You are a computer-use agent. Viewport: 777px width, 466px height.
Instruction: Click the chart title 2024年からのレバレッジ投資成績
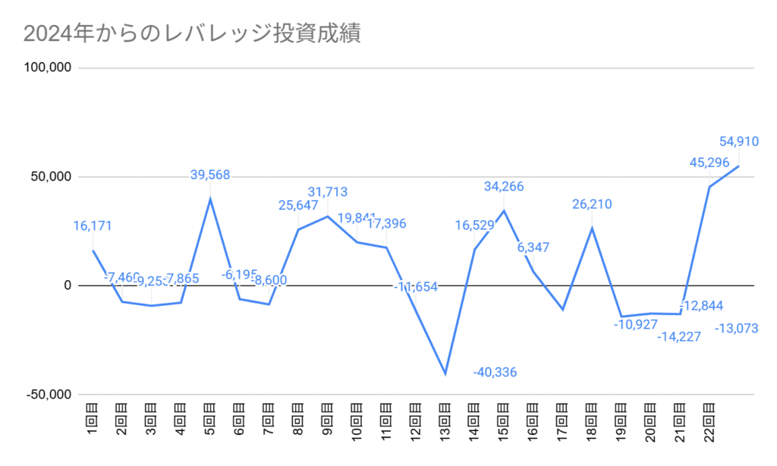[191, 34]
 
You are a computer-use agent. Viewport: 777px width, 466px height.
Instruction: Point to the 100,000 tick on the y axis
[48, 68]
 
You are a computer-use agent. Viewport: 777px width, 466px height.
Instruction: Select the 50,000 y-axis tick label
[51, 177]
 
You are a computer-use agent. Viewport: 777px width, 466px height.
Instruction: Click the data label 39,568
[209, 175]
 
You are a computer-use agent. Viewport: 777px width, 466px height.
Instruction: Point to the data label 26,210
[592, 204]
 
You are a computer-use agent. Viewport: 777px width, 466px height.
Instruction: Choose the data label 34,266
[504, 187]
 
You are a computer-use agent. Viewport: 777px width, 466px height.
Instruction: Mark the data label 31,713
[327, 192]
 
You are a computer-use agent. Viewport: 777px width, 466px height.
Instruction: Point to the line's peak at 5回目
[210, 199]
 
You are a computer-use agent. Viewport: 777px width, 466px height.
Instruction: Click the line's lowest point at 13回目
[445, 374]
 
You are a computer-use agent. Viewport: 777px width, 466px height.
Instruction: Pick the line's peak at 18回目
[592, 228]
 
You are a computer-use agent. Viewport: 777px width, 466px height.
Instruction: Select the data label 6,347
[533, 248]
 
